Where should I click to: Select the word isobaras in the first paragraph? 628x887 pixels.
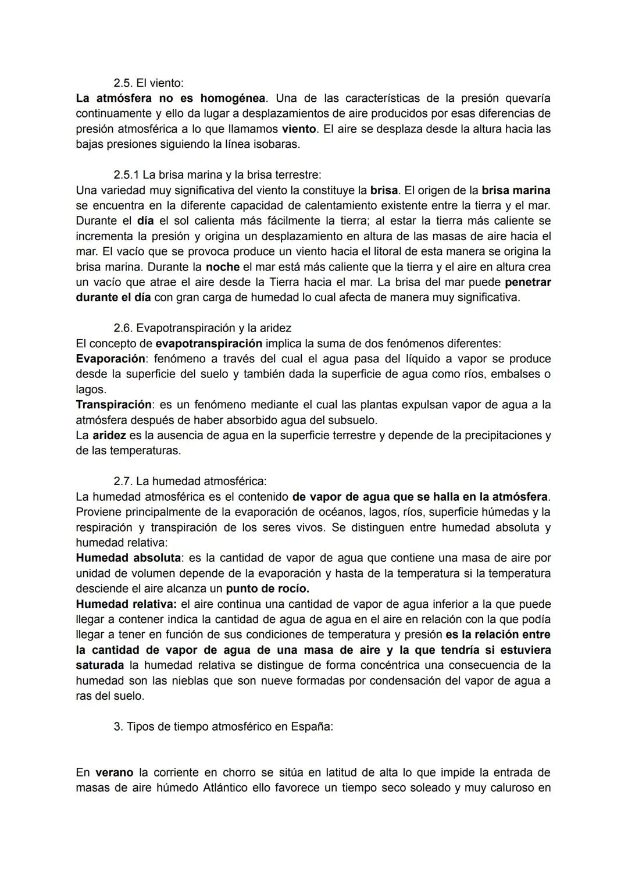(277, 144)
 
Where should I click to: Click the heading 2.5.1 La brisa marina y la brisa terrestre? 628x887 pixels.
(217, 175)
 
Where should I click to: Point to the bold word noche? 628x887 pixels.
(222, 267)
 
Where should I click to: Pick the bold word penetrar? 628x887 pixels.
(527, 282)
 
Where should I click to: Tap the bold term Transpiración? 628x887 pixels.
(114, 405)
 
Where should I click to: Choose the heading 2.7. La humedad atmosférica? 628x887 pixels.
(190, 482)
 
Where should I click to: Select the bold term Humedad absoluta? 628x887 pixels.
(128, 558)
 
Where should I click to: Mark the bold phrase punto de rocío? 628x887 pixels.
(267, 588)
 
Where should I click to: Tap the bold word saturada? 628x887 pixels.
(99, 665)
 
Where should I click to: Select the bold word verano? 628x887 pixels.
(114, 773)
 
